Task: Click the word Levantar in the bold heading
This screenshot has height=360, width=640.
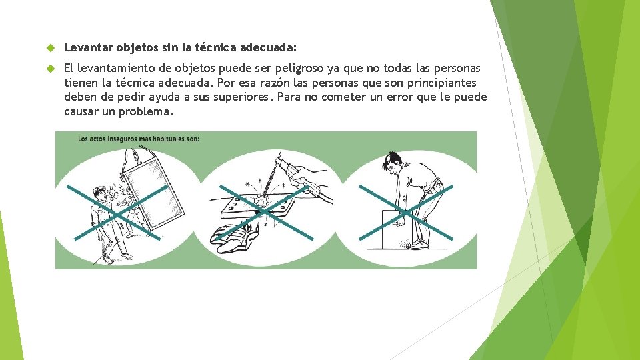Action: pos(88,48)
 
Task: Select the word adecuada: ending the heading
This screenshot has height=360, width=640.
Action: pos(268,48)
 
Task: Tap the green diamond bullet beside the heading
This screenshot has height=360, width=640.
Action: pos(51,48)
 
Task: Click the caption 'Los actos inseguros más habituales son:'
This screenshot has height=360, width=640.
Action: pos(139,139)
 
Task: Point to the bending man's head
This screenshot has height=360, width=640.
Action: pos(392,161)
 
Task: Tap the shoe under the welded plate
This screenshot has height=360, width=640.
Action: pos(234,238)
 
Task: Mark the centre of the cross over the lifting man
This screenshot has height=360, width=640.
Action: pos(406,213)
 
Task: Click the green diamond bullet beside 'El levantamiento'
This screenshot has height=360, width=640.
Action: pos(51,68)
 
